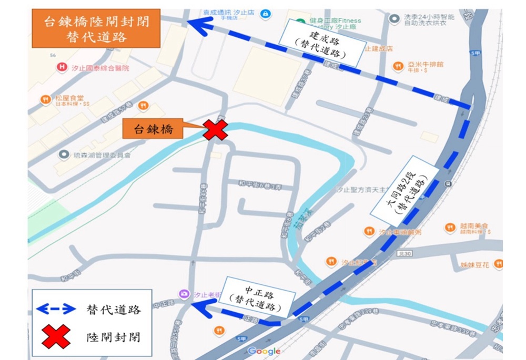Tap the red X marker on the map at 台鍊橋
(x=215, y=130)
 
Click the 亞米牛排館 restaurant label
(x=426, y=65)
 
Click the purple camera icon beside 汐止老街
(x=184, y=294)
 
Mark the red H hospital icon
(x=63, y=67)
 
